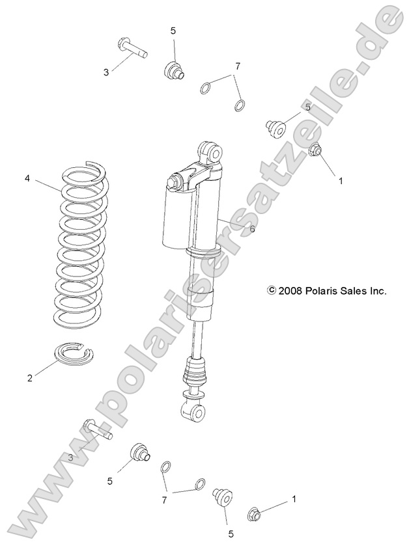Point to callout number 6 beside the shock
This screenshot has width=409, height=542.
(x=252, y=228)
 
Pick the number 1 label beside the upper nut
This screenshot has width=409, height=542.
(x=340, y=182)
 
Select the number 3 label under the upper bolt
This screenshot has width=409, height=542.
(x=106, y=72)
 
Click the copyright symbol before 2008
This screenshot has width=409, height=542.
(x=272, y=291)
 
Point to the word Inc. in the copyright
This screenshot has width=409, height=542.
(x=378, y=291)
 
